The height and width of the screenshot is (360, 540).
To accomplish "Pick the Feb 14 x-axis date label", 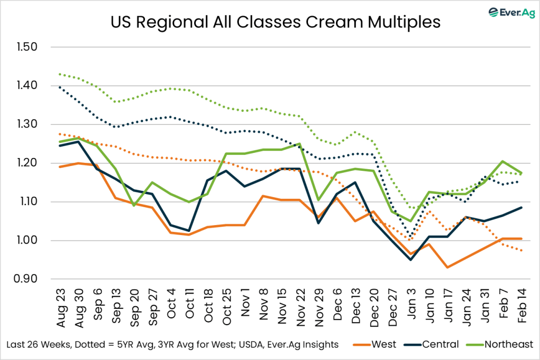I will click(522, 303).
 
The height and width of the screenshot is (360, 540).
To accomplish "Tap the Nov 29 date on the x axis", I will click(318, 303).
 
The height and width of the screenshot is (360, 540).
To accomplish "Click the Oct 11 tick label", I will click(189, 303).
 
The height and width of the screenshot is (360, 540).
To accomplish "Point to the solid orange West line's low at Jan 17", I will click(448, 267).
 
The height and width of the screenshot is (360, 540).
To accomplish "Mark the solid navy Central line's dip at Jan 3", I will click(411, 259).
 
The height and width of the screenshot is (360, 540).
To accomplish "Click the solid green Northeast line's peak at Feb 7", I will click(503, 161).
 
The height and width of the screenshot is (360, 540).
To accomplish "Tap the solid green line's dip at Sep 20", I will click(133, 206).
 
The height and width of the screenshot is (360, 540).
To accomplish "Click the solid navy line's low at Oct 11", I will click(189, 231).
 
